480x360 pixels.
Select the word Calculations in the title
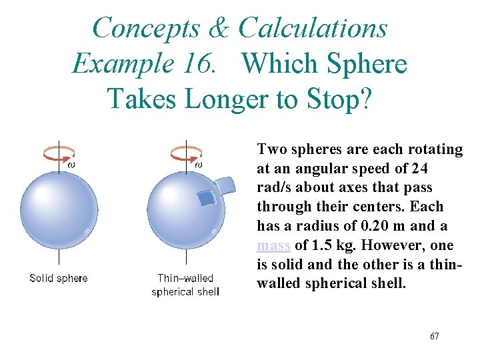[313, 28]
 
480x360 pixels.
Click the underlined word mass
[273, 245]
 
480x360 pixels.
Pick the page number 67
[434, 336]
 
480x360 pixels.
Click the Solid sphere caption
[59, 278]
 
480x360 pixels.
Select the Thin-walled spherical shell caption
[185, 285]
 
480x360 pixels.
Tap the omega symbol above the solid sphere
[71, 164]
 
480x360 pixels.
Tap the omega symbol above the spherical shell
[198, 164]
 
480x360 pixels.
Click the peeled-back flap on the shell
[225, 185]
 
